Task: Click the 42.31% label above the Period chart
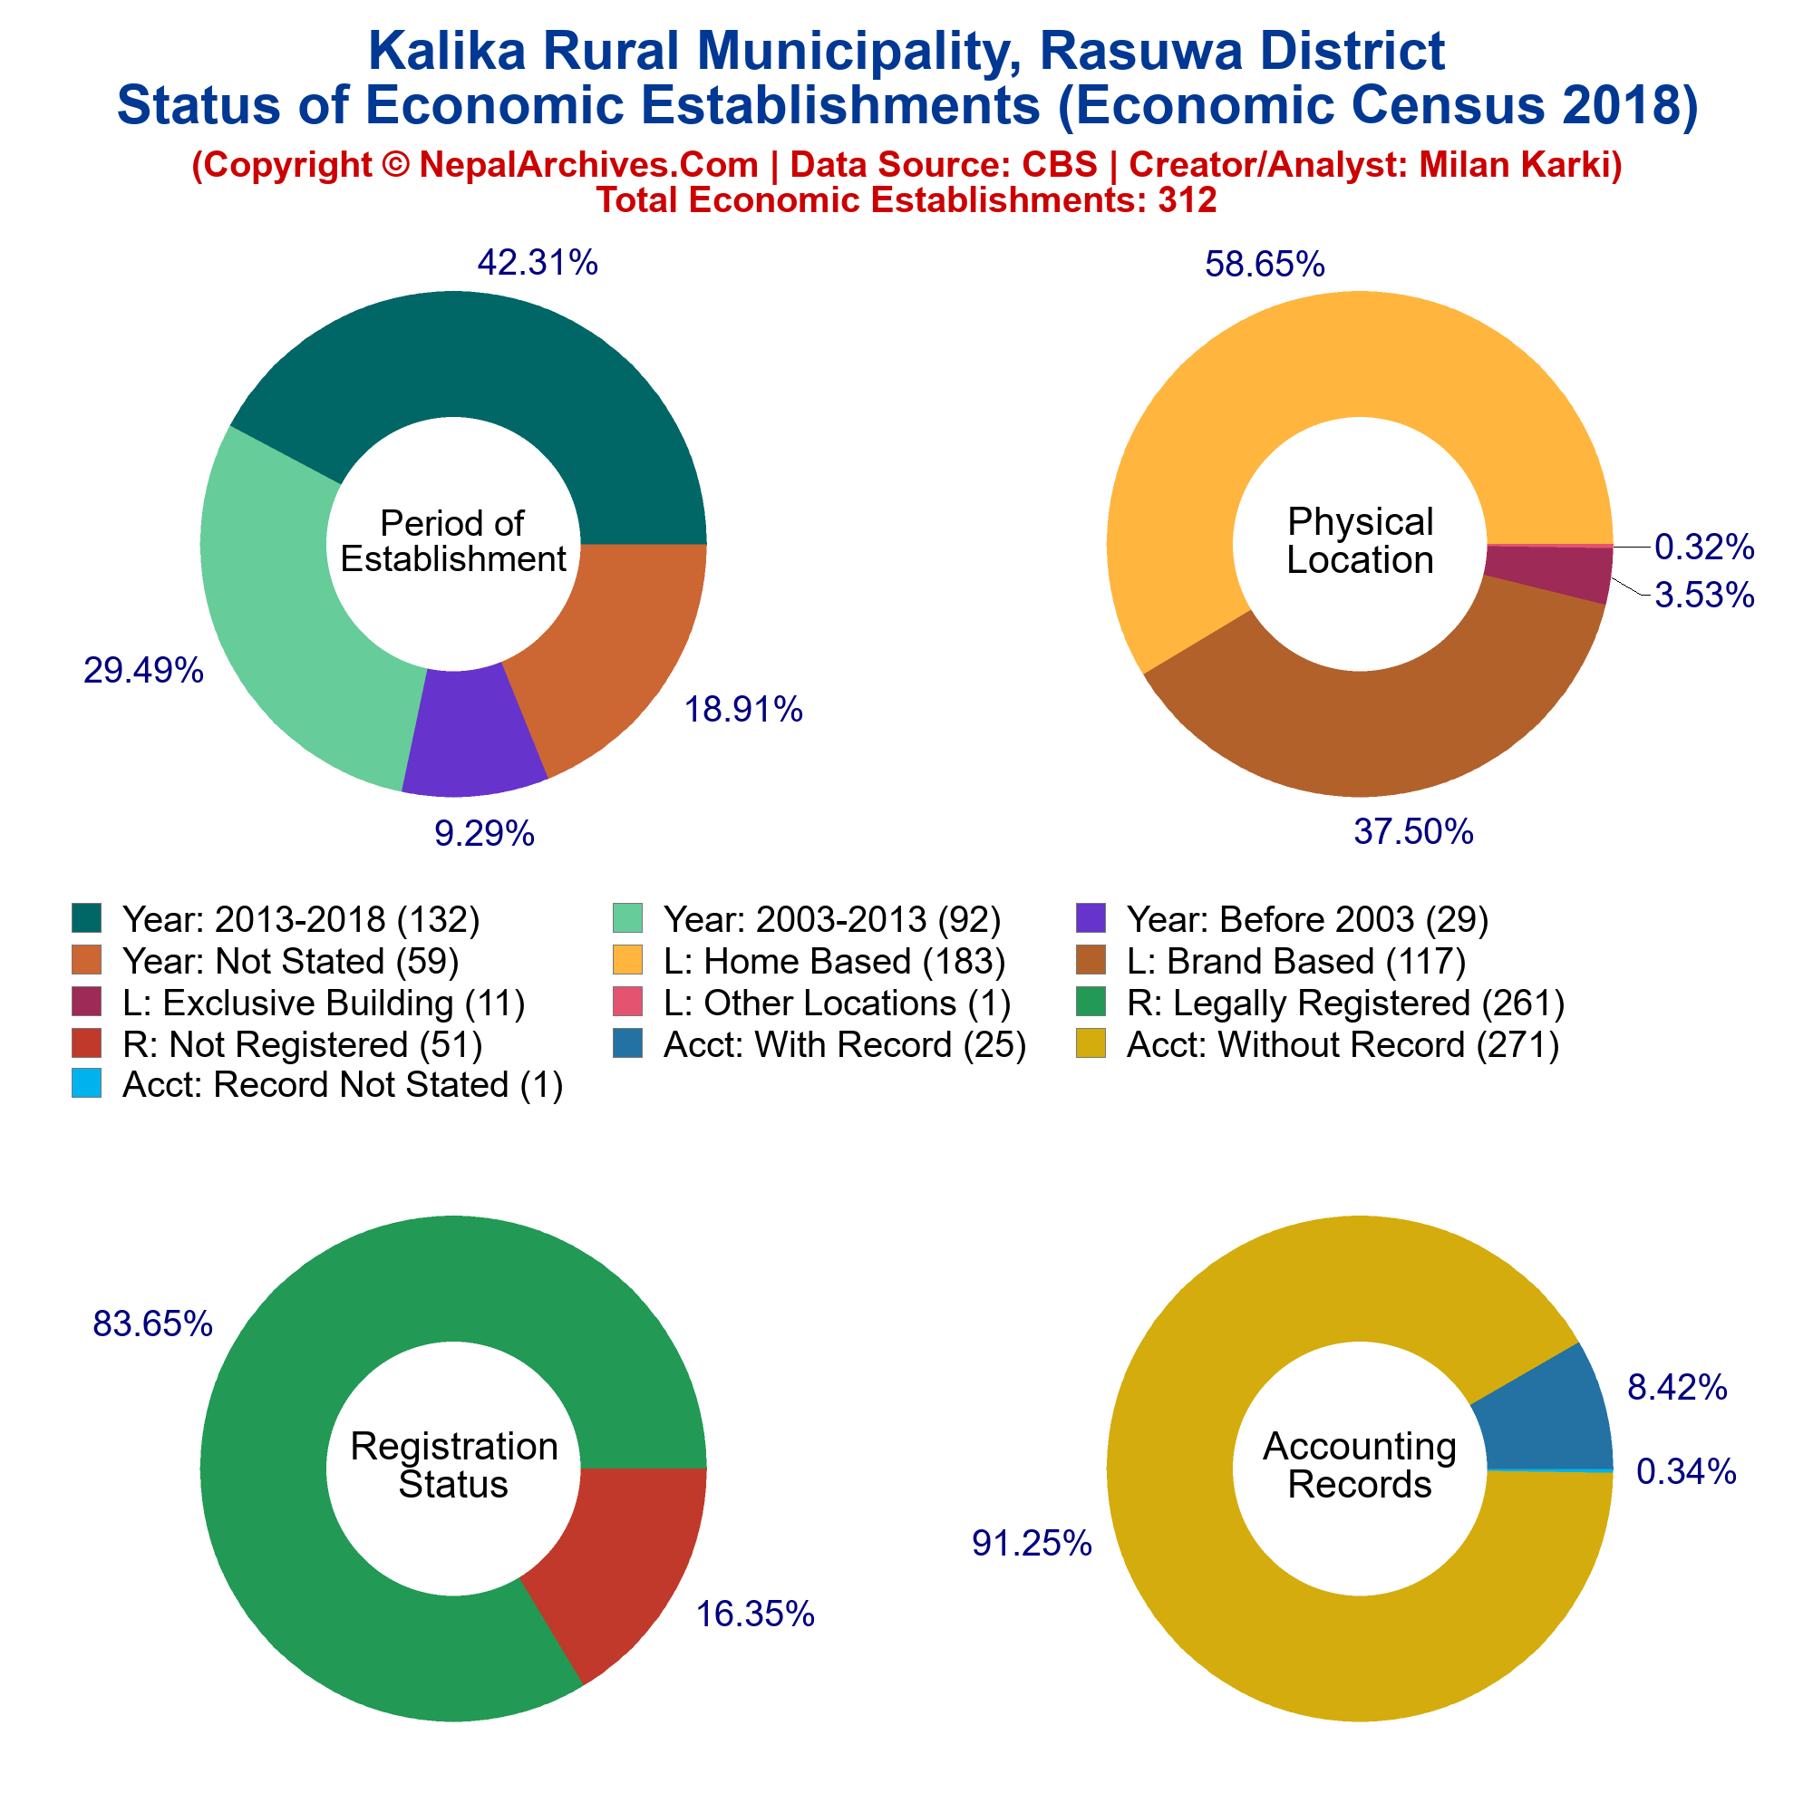click(538, 263)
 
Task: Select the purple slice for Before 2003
click(473, 731)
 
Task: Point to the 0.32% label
click(1703, 546)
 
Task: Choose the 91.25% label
click(1033, 1543)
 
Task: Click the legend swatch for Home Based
click(628, 961)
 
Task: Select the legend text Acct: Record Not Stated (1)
click(343, 1085)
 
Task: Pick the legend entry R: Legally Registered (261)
click(1344, 1003)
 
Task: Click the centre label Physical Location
click(1360, 540)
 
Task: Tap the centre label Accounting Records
click(1360, 1465)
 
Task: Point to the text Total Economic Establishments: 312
click(906, 199)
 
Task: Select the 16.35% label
click(754, 1614)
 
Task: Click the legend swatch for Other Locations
click(628, 1003)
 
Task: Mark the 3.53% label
click(1704, 595)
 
